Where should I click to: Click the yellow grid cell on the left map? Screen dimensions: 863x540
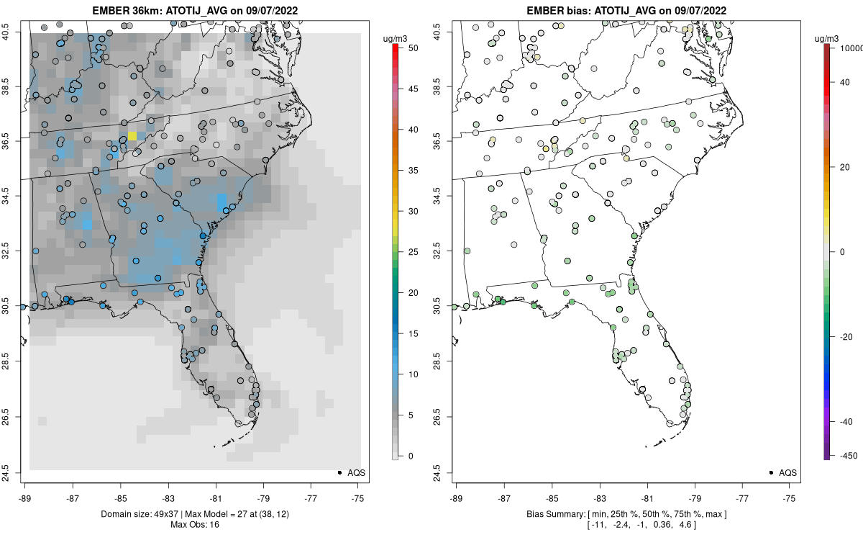click(x=132, y=136)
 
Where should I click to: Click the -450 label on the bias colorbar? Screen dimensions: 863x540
click(x=849, y=456)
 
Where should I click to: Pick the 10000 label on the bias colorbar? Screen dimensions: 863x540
click(x=851, y=48)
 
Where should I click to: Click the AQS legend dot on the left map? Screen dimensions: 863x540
click(x=339, y=472)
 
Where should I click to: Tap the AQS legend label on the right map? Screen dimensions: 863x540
click(x=787, y=473)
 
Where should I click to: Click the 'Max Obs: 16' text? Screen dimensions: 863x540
click(x=195, y=525)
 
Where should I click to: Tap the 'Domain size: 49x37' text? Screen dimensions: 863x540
click(x=140, y=514)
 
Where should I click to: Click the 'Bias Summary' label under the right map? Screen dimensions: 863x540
click(x=555, y=514)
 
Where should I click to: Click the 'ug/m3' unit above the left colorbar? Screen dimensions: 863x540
click(x=395, y=39)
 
